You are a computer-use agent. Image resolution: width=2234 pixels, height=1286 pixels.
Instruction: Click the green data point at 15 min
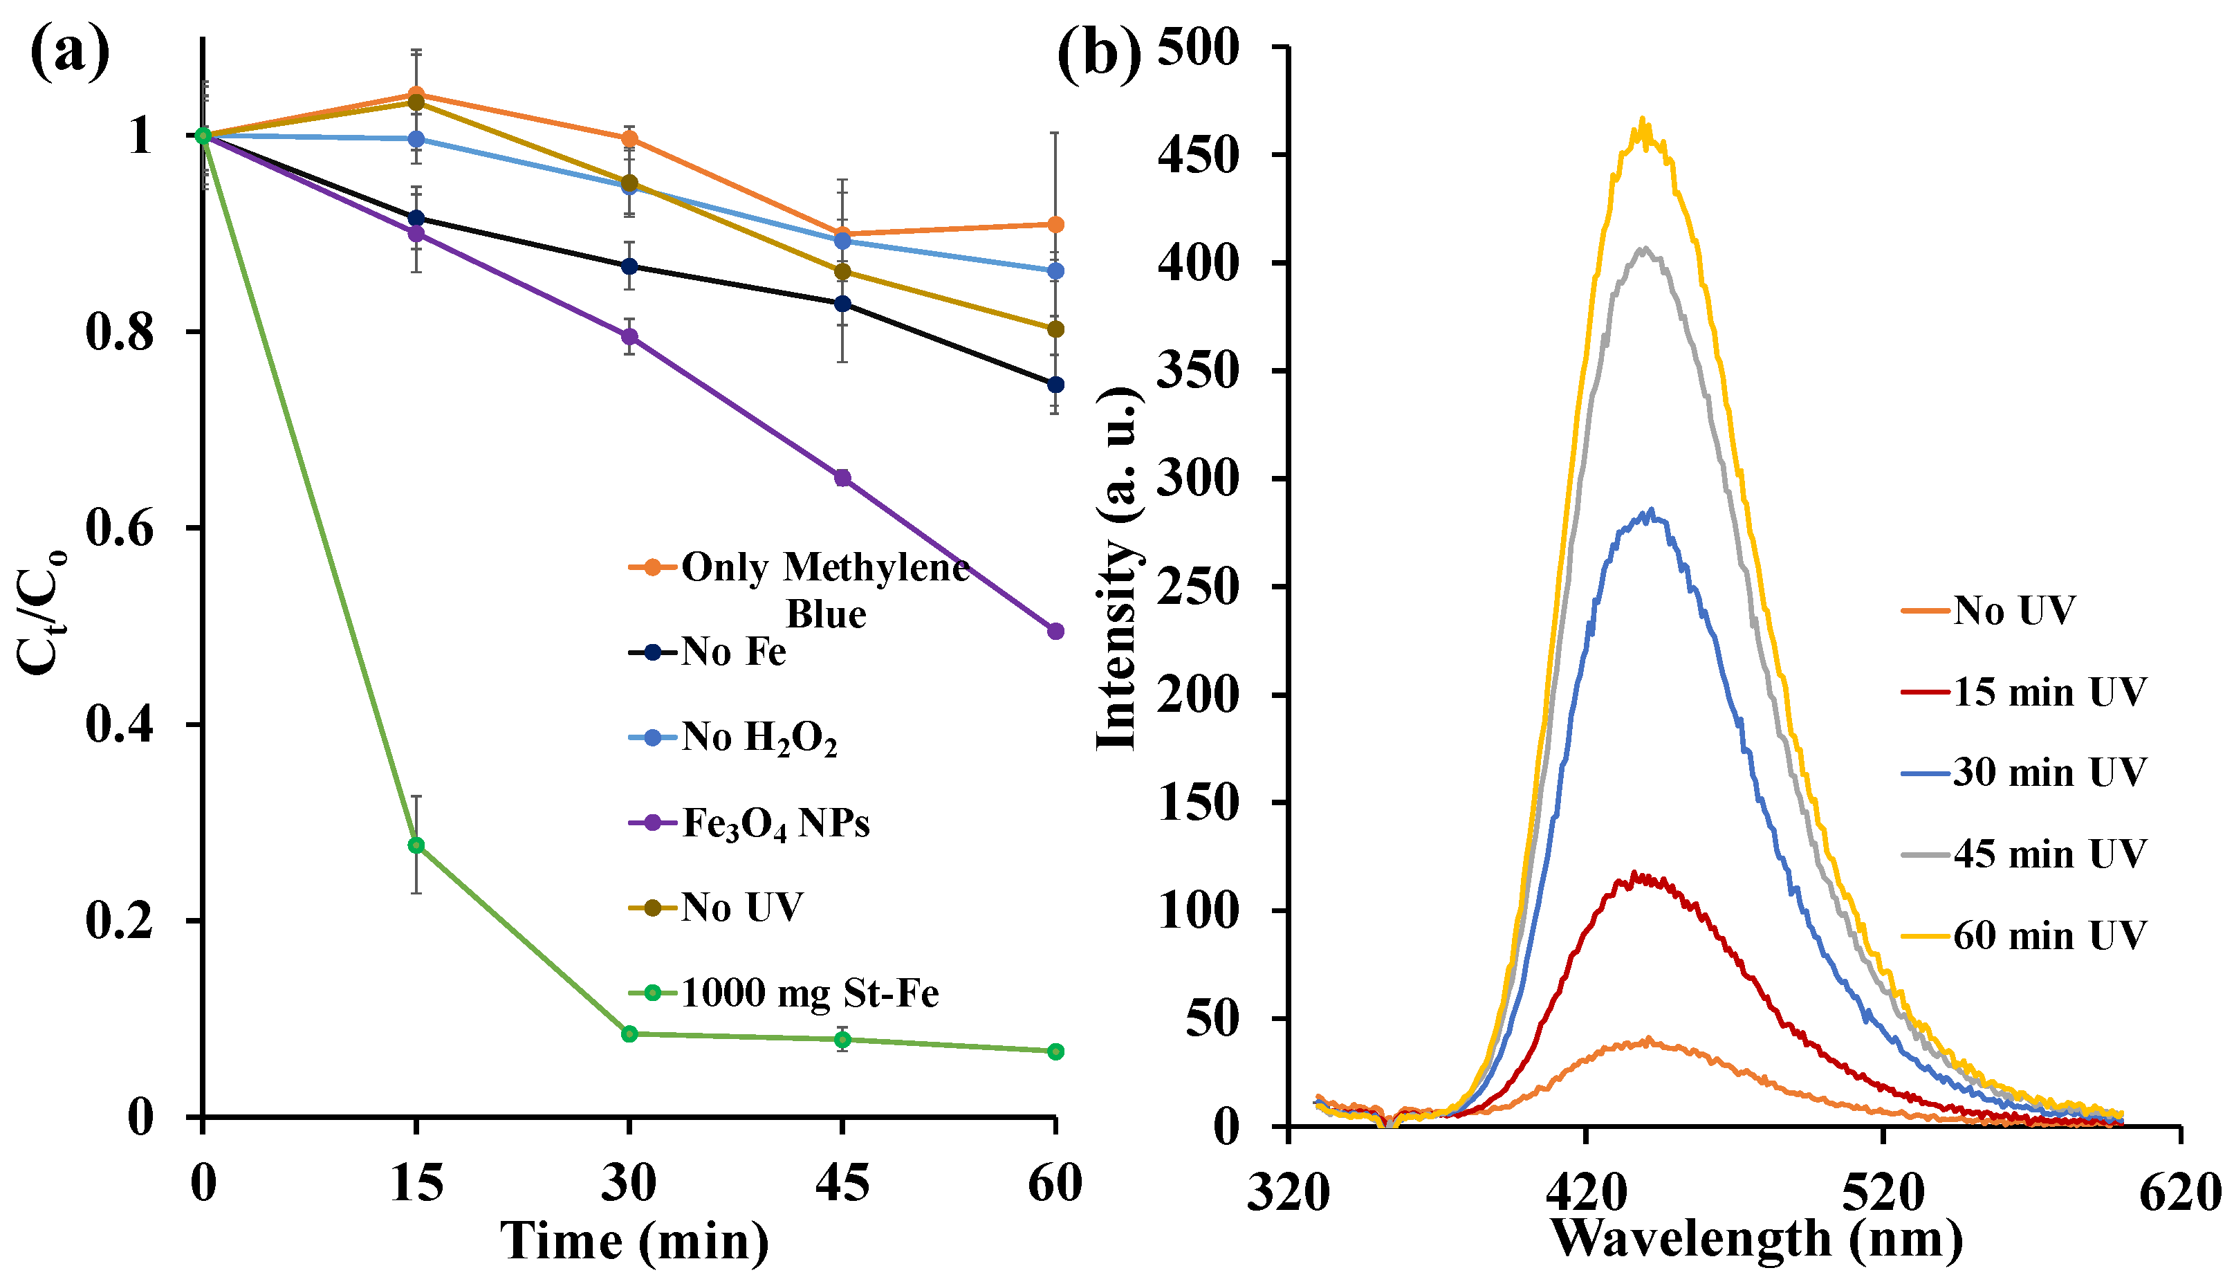[416, 845]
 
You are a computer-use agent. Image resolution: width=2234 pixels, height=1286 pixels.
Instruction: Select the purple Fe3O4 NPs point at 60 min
[1055, 631]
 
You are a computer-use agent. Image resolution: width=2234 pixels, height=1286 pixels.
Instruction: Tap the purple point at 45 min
[842, 478]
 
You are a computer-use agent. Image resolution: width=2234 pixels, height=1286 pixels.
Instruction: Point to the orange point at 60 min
[1055, 224]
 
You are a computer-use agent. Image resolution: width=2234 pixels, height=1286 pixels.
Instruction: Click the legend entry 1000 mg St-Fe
[809, 993]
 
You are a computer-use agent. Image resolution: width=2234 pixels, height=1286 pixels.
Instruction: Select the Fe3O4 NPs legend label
[775, 823]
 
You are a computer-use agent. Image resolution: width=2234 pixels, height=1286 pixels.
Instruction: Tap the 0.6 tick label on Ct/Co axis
[119, 529]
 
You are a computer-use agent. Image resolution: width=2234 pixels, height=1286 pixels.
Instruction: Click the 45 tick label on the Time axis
[842, 1184]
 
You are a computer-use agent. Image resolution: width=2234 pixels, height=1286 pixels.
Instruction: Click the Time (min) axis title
[635, 1241]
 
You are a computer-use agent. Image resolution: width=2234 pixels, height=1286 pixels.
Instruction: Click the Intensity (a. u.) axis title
[1116, 570]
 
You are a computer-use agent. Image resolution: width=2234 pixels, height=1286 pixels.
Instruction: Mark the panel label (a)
[71, 53]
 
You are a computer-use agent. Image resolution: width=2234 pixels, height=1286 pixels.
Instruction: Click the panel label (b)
[1098, 55]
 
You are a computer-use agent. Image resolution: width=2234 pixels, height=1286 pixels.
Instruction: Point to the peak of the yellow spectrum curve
[1643, 121]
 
